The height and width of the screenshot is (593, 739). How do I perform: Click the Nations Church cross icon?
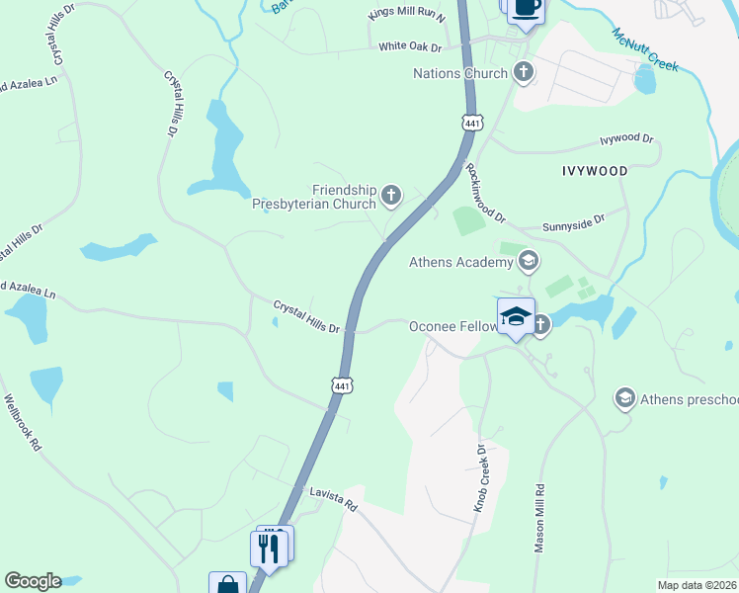(524, 72)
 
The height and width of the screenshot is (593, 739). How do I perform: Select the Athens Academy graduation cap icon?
(528, 261)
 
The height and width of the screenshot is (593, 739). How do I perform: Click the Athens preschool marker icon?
(624, 398)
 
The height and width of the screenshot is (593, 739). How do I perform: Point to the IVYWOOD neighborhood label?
(595, 171)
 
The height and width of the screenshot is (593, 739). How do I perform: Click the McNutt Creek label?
(645, 48)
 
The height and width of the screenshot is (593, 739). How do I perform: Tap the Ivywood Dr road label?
(627, 140)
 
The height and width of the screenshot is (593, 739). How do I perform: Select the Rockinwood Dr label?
(485, 192)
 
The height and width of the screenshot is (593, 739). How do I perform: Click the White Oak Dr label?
(410, 46)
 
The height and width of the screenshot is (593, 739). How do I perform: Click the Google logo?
(33, 581)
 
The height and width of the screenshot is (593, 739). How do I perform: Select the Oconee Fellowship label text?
(451, 325)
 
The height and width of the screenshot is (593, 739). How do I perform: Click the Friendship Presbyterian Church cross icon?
(392, 196)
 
